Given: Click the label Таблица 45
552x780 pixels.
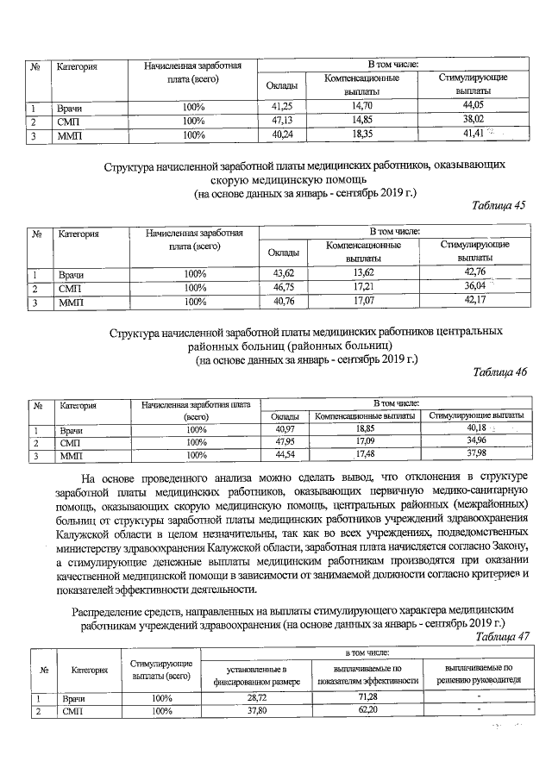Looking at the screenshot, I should (x=499, y=205).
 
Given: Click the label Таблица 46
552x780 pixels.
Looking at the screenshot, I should (x=499, y=371).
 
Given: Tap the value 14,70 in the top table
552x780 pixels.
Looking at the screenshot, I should (x=361, y=106).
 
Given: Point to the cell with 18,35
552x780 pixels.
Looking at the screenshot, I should (x=361, y=134).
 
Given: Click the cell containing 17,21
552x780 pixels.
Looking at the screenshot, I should (x=361, y=287).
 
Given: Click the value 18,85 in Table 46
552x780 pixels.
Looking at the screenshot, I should (x=366, y=428).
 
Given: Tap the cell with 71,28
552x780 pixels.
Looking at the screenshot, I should (x=368, y=696).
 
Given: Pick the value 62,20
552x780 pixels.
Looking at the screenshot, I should (x=368, y=711).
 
